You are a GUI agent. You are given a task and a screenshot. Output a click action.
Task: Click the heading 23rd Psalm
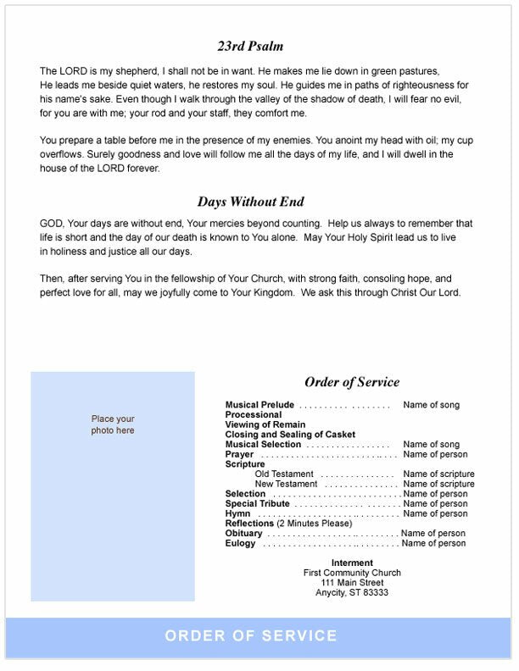(251, 47)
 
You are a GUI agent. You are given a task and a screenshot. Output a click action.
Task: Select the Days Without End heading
(251, 202)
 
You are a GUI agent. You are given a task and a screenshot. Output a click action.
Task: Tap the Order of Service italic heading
(351, 382)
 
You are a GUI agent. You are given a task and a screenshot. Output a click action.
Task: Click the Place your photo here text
(113, 424)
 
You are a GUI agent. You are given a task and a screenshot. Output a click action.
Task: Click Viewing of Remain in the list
(265, 424)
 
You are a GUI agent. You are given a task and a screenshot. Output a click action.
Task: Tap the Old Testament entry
(284, 474)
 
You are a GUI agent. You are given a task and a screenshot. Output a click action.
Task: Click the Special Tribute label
(256, 503)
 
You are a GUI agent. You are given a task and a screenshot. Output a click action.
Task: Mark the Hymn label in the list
(237, 513)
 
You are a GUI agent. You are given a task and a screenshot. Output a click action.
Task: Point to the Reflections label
(250, 524)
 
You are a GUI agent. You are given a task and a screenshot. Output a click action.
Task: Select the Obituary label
(244, 533)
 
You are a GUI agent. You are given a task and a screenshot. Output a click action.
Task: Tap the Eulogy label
(241, 543)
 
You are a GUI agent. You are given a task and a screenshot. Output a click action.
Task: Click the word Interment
(352, 563)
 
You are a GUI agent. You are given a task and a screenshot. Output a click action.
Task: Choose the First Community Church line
(352, 573)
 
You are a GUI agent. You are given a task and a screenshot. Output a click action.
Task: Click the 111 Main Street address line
(352, 583)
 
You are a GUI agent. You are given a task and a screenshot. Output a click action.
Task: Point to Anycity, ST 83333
(352, 592)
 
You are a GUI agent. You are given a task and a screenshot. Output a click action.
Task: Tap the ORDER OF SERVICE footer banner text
(251, 636)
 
